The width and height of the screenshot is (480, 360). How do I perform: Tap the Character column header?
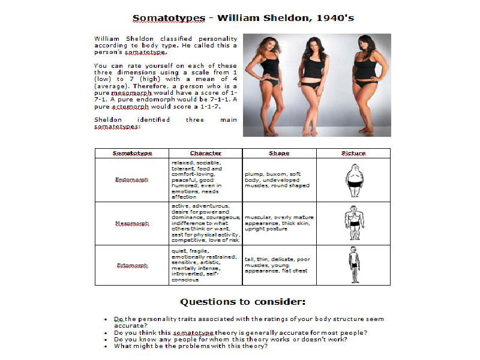point(205,153)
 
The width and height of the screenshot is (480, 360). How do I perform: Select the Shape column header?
point(279,153)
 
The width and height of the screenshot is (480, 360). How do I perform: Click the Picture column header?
point(353,153)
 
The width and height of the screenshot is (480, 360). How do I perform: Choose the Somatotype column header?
point(132,153)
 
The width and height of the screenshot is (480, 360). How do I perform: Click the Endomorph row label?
point(132,179)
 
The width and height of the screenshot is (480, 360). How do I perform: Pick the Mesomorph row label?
point(132,223)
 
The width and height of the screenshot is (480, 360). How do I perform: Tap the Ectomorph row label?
point(132,265)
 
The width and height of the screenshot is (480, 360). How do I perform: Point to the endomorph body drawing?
point(355,180)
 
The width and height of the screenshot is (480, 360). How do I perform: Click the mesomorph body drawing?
point(355,223)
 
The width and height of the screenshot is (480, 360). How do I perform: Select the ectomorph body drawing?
point(355,265)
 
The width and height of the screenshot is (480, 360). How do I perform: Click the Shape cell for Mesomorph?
point(279,223)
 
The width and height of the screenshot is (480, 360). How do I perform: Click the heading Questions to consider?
point(243,301)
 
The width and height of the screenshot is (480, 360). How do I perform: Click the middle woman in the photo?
point(315,84)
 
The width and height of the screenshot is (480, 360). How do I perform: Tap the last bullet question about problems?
point(190,346)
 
